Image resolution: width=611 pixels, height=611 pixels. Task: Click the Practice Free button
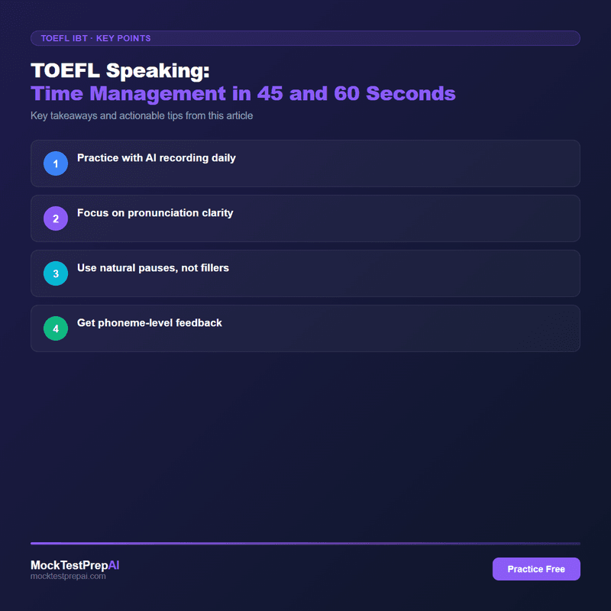[536, 569]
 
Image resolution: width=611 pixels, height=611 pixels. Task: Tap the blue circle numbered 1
[56, 163]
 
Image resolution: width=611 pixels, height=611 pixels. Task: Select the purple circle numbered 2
[56, 218]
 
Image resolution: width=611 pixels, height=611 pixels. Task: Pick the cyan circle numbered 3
[56, 273]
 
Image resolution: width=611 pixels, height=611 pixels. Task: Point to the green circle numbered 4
[56, 328]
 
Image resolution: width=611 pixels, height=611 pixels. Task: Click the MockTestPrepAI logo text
[75, 565]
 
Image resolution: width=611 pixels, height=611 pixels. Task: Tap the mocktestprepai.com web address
[68, 577]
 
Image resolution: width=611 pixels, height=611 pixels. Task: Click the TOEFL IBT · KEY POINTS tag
[95, 38]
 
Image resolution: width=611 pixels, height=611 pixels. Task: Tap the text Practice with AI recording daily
[157, 158]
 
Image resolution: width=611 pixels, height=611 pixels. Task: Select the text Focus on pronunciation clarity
[155, 213]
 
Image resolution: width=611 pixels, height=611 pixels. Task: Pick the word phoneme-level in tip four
[133, 323]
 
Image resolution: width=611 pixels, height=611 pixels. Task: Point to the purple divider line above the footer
[305, 543]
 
